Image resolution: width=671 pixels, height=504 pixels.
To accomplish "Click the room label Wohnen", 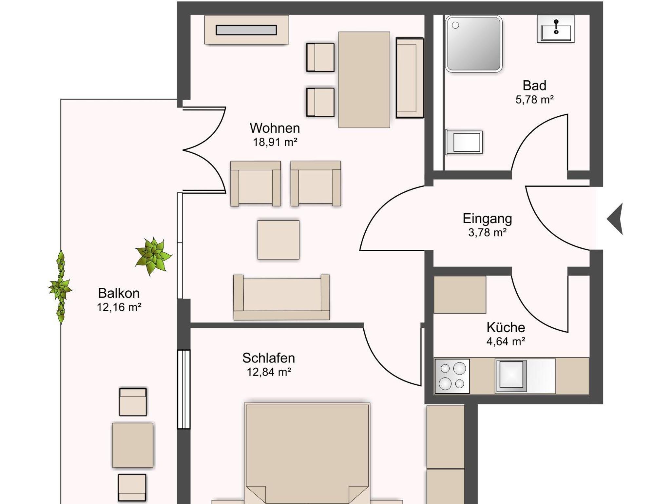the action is (x=275, y=128).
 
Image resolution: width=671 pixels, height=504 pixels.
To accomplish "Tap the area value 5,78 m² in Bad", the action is (x=534, y=100).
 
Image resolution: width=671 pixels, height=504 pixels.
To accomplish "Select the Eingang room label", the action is (x=487, y=219).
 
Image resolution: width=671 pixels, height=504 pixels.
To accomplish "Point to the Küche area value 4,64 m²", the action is (x=506, y=341).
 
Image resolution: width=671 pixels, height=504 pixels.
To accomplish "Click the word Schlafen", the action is (x=269, y=358).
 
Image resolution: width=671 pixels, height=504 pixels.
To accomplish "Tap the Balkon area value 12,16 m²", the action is (x=119, y=307).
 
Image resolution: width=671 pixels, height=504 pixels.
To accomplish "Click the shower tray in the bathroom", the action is (x=474, y=44).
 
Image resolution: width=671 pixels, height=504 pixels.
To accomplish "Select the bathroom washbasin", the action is (x=556, y=29).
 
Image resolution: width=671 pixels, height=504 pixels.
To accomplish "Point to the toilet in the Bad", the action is (x=464, y=142).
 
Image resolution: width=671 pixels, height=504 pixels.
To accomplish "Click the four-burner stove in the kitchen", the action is (x=452, y=376).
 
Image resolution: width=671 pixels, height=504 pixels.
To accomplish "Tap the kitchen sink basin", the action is (x=511, y=376).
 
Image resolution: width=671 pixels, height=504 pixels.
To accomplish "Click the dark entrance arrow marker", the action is (x=615, y=219).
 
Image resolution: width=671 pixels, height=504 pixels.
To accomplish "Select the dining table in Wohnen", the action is (x=364, y=80).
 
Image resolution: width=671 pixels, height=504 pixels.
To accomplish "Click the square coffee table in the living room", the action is (x=278, y=240).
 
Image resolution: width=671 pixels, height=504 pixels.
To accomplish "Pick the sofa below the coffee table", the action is (x=281, y=297).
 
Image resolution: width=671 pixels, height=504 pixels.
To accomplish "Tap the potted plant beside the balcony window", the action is (x=153, y=256).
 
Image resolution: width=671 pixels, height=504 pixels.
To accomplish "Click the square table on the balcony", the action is (x=133, y=445).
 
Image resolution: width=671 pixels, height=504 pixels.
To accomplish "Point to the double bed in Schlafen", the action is (x=307, y=454).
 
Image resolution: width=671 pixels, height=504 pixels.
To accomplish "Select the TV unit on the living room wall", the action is (x=247, y=30).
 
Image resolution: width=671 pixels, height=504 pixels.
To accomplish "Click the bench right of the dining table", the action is (x=410, y=78).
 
